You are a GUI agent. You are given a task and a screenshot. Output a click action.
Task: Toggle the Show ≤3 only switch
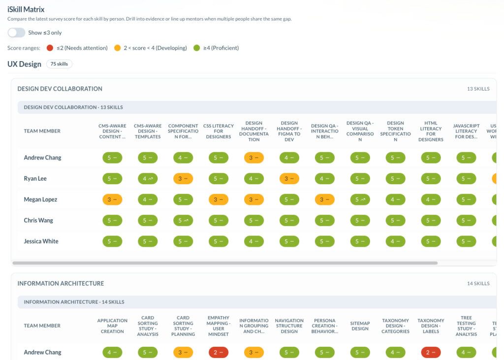[16, 33]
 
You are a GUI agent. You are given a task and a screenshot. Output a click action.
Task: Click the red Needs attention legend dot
[50, 48]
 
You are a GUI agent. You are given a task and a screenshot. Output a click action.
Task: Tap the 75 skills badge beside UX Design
[59, 64]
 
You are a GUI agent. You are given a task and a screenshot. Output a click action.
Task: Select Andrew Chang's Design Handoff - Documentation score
[254, 158]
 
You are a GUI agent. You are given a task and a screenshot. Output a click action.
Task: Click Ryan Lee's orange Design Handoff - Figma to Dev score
[289, 179]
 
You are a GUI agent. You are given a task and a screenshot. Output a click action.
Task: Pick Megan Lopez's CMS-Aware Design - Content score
[112, 199]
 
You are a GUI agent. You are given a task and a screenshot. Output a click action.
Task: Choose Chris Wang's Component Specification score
[183, 221]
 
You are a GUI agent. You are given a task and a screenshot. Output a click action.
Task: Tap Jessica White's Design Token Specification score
[395, 241]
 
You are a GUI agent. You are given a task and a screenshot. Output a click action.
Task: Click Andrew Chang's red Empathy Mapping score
[219, 352]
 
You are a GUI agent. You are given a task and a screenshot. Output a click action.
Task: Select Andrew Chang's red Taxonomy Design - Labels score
[431, 352]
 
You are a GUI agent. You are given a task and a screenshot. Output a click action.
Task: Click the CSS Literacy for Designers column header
[219, 131]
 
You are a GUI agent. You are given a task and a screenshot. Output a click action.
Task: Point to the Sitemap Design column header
[360, 326]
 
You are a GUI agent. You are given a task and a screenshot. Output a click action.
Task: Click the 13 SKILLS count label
[478, 89]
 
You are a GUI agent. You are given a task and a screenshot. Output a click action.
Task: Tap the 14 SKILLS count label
[478, 284]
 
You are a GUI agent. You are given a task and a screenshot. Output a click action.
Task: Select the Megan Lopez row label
[40, 199]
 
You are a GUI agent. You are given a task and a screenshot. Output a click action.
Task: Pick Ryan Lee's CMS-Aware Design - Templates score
[148, 179]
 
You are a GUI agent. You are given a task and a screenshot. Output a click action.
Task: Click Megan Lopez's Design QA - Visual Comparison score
[360, 199]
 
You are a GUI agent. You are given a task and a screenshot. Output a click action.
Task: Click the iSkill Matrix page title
[26, 10]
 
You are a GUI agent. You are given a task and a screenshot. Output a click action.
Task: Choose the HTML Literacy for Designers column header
[431, 131]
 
